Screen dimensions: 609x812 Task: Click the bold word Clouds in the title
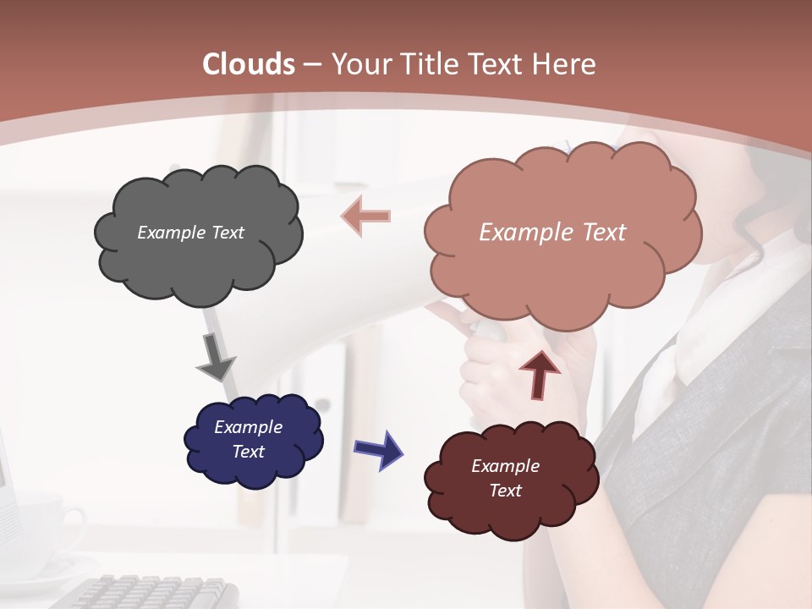coord(249,64)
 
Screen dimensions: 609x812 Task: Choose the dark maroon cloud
coord(511,479)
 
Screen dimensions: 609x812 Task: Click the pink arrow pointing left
coord(365,216)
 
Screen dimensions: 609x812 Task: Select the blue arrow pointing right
coord(379,449)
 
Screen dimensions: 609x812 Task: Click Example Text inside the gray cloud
coord(190,232)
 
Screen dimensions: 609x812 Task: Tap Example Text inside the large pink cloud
coord(552,232)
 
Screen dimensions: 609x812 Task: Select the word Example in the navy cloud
coord(248,427)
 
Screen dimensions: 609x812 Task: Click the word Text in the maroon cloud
coord(505,491)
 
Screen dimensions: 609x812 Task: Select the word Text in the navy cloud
coord(249,452)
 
